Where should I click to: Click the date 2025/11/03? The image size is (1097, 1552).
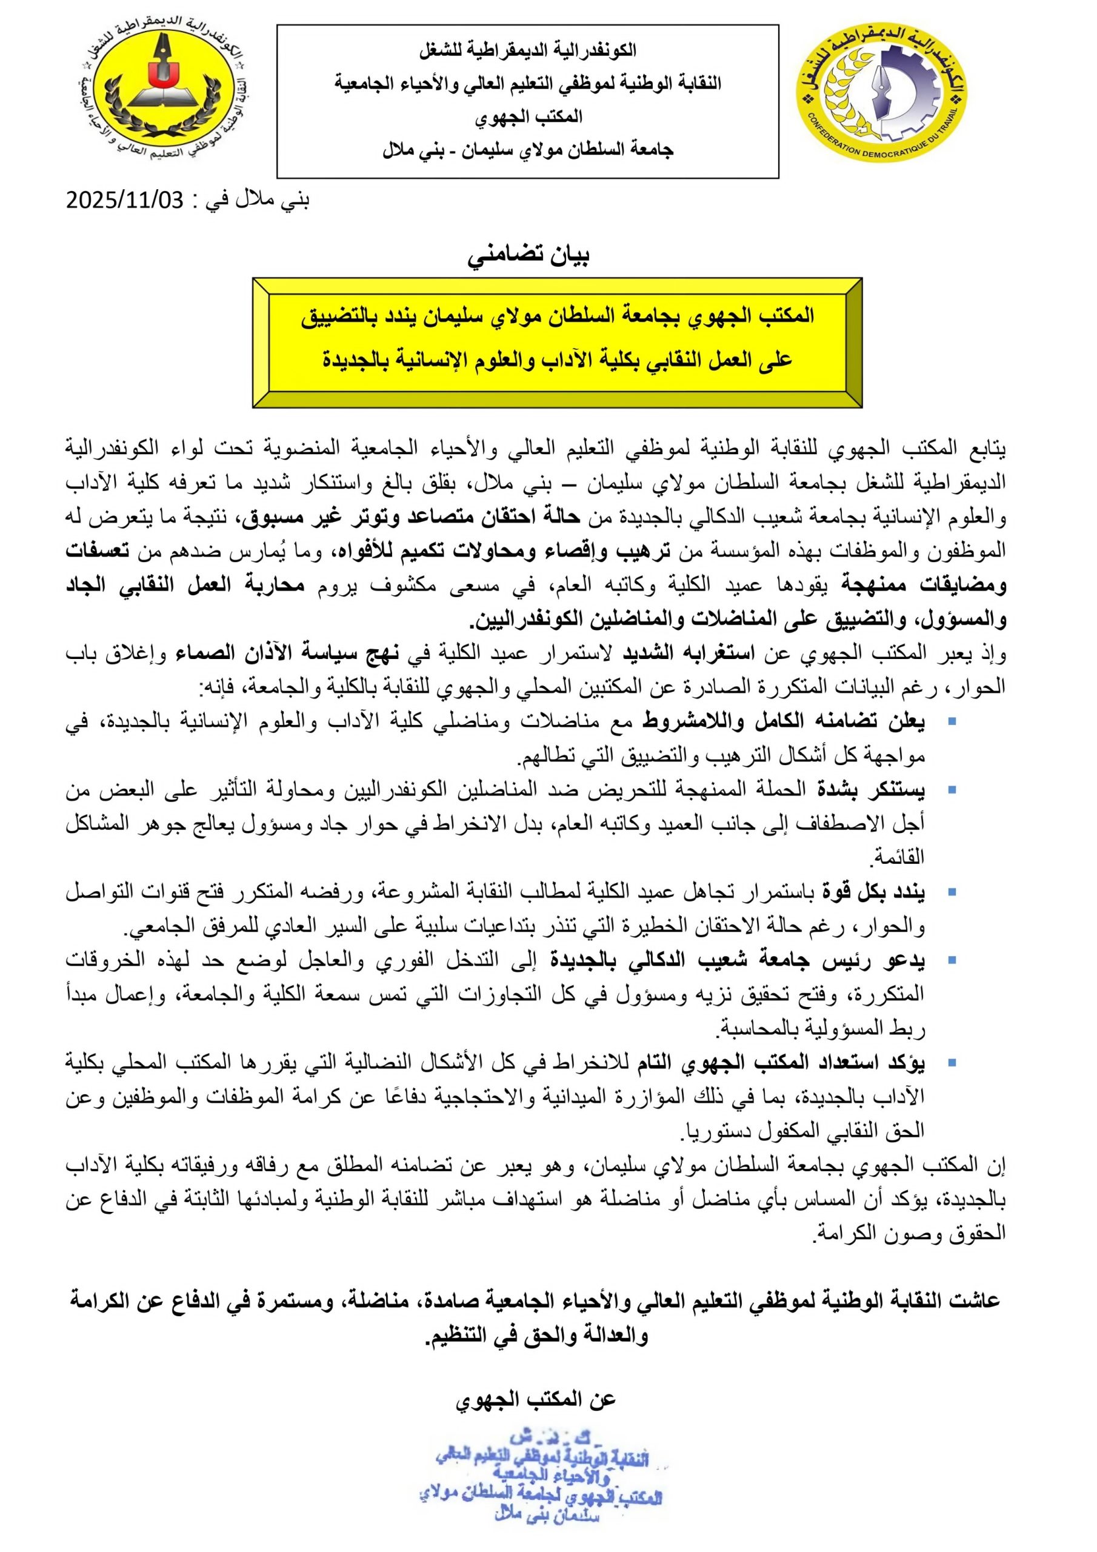click(x=124, y=201)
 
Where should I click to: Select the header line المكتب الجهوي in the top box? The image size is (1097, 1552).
click(x=528, y=116)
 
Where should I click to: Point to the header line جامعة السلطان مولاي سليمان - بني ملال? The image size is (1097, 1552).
click(x=528, y=149)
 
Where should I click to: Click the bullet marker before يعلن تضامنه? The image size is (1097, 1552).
click(x=952, y=723)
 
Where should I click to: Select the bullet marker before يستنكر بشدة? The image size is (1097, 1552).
click(x=952, y=789)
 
